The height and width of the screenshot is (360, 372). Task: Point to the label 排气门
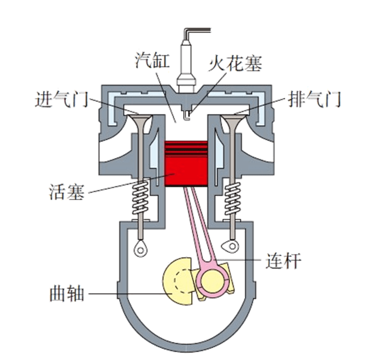click(314, 98)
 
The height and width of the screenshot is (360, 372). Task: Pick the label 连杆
click(285, 261)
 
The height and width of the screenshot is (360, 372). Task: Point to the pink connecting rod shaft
click(199, 228)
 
